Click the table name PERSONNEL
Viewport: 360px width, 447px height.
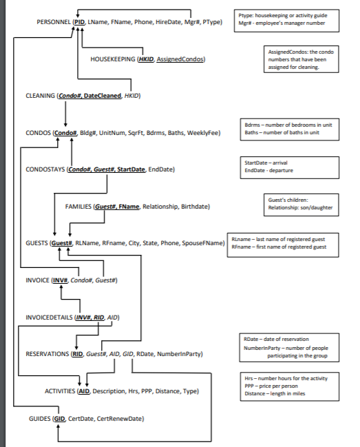point(53,23)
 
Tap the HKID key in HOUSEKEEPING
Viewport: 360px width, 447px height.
point(146,60)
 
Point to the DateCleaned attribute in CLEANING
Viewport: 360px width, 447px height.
point(103,96)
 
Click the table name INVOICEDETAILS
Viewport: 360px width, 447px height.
point(48,318)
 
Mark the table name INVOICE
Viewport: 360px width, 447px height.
point(36,280)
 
